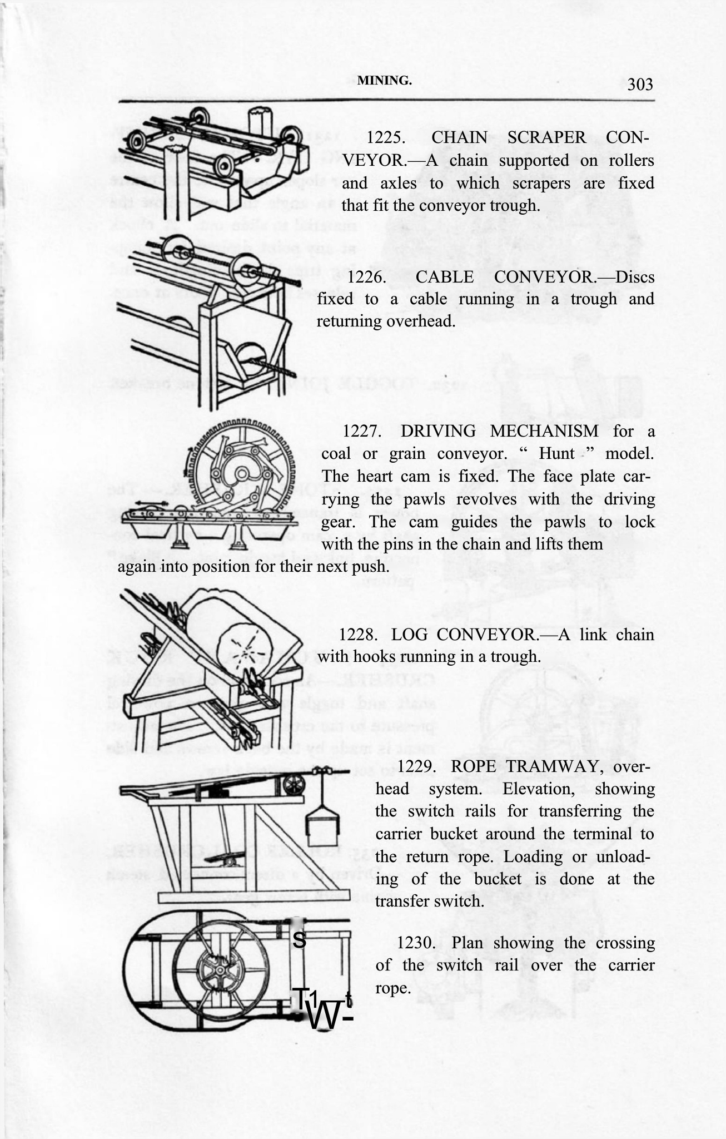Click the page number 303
(640, 85)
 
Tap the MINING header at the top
(385, 80)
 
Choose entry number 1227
(361, 431)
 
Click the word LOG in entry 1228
(409, 634)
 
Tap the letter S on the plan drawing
(299, 939)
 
